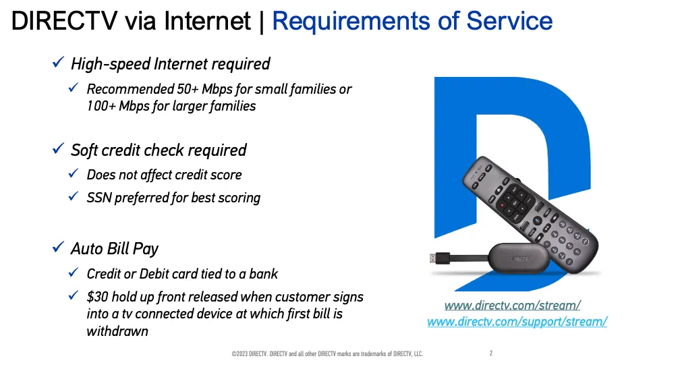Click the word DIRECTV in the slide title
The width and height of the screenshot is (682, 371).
pyautogui.click(x=65, y=21)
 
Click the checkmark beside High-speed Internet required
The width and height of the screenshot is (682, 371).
pyautogui.click(x=58, y=62)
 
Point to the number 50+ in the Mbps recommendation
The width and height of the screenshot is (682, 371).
pyautogui.click(x=188, y=89)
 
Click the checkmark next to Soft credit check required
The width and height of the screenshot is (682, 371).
pyautogui.click(x=58, y=149)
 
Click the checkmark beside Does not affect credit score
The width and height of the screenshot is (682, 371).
pyautogui.click(x=74, y=173)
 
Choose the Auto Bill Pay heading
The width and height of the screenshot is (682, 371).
pyautogui.click(x=115, y=249)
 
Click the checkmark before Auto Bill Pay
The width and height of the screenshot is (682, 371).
pyautogui.click(x=58, y=247)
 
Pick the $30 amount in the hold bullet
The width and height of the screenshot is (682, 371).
pyautogui.click(x=97, y=297)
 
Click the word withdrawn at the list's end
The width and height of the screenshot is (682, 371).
pyautogui.click(x=117, y=331)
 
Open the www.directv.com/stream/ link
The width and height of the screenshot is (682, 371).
pyautogui.click(x=513, y=306)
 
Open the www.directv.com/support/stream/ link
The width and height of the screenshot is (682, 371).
pyautogui.click(x=517, y=322)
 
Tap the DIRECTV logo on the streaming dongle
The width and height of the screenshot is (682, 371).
pyautogui.click(x=519, y=259)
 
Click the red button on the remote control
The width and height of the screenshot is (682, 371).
pyautogui.click(x=502, y=205)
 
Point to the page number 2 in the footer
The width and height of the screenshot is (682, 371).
pyautogui.click(x=491, y=353)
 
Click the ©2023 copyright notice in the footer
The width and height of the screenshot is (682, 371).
pyautogui.click(x=328, y=353)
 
